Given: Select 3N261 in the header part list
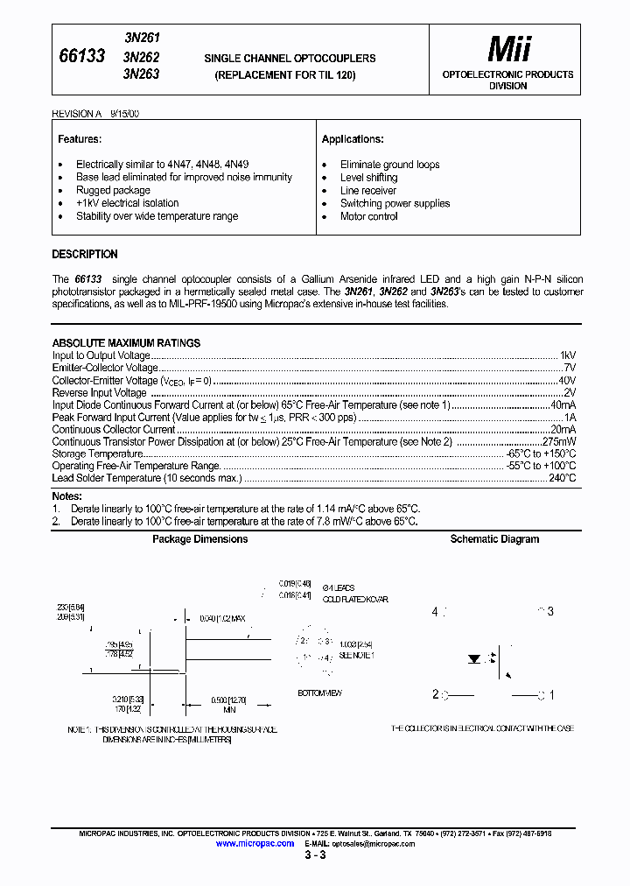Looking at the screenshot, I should [x=142, y=39].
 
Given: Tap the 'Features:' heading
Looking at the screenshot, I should [x=80, y=139].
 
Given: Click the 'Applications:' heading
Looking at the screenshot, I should [x=353, y=139].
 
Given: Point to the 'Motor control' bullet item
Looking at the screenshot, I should [x=368, y=216].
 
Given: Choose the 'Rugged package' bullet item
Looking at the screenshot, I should [x=113, y=190].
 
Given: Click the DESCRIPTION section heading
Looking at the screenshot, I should [x=85, y=255].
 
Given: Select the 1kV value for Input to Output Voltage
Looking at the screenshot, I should [x=567, y=355].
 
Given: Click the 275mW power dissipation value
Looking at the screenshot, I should [x=559, y=441].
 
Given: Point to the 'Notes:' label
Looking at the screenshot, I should [x=66, y=496].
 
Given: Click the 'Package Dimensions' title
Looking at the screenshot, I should [x=199, y=539].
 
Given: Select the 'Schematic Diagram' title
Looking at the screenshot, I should [x=494, y=539].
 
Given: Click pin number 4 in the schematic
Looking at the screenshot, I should [x=434, y=611].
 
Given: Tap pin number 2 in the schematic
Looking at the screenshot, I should [x=434, y=695].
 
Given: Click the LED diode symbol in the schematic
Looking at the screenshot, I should [x=477, y=656].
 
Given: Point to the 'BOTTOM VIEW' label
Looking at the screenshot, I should [x=319, y=693].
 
